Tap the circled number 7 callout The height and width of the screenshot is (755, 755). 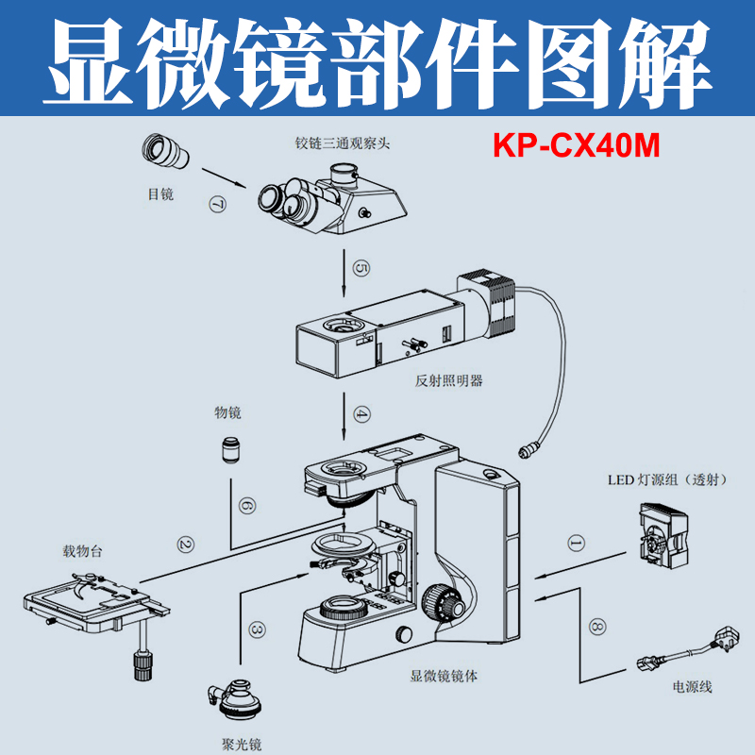218,204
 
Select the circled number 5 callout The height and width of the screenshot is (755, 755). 361,269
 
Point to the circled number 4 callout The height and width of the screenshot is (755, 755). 361,412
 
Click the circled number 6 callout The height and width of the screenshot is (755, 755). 246,507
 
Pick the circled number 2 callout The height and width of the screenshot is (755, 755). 185,544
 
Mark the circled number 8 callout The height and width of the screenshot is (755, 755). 595,625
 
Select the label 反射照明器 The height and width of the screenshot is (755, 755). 448,381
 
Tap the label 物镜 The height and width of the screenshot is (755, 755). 227,413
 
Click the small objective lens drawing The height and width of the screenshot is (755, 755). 231,449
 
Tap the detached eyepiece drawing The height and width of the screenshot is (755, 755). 167,153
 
